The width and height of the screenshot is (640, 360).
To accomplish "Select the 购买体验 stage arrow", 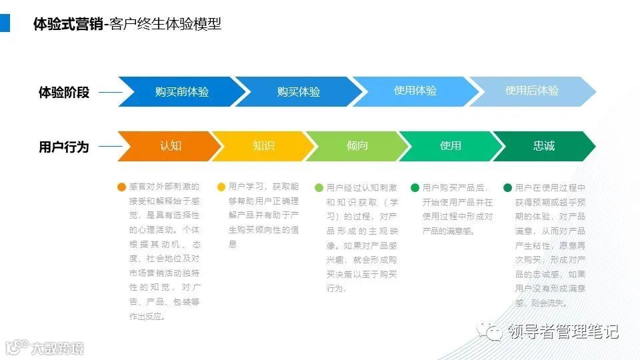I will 298,92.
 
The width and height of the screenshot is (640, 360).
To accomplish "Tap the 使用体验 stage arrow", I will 415,91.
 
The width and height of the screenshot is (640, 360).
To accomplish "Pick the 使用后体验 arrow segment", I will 531,91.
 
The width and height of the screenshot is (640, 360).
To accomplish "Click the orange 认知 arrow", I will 170,146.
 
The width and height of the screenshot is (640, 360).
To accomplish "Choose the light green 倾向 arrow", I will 357,146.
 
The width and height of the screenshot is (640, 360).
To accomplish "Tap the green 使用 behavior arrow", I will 450,146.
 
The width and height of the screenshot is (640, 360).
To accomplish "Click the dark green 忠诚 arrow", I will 543,146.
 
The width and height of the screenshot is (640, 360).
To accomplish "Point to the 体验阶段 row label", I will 63,93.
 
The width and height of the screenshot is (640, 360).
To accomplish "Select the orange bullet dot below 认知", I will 121,188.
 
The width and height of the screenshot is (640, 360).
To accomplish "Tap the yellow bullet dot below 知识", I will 221,188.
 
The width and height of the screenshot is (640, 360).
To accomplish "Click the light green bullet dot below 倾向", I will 319,188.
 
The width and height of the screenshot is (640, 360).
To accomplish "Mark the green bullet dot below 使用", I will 415,188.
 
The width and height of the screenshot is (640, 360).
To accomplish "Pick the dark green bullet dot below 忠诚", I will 508,188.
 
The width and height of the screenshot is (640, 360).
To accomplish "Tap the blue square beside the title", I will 5,24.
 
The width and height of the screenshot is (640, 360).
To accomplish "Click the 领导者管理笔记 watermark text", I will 563,331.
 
